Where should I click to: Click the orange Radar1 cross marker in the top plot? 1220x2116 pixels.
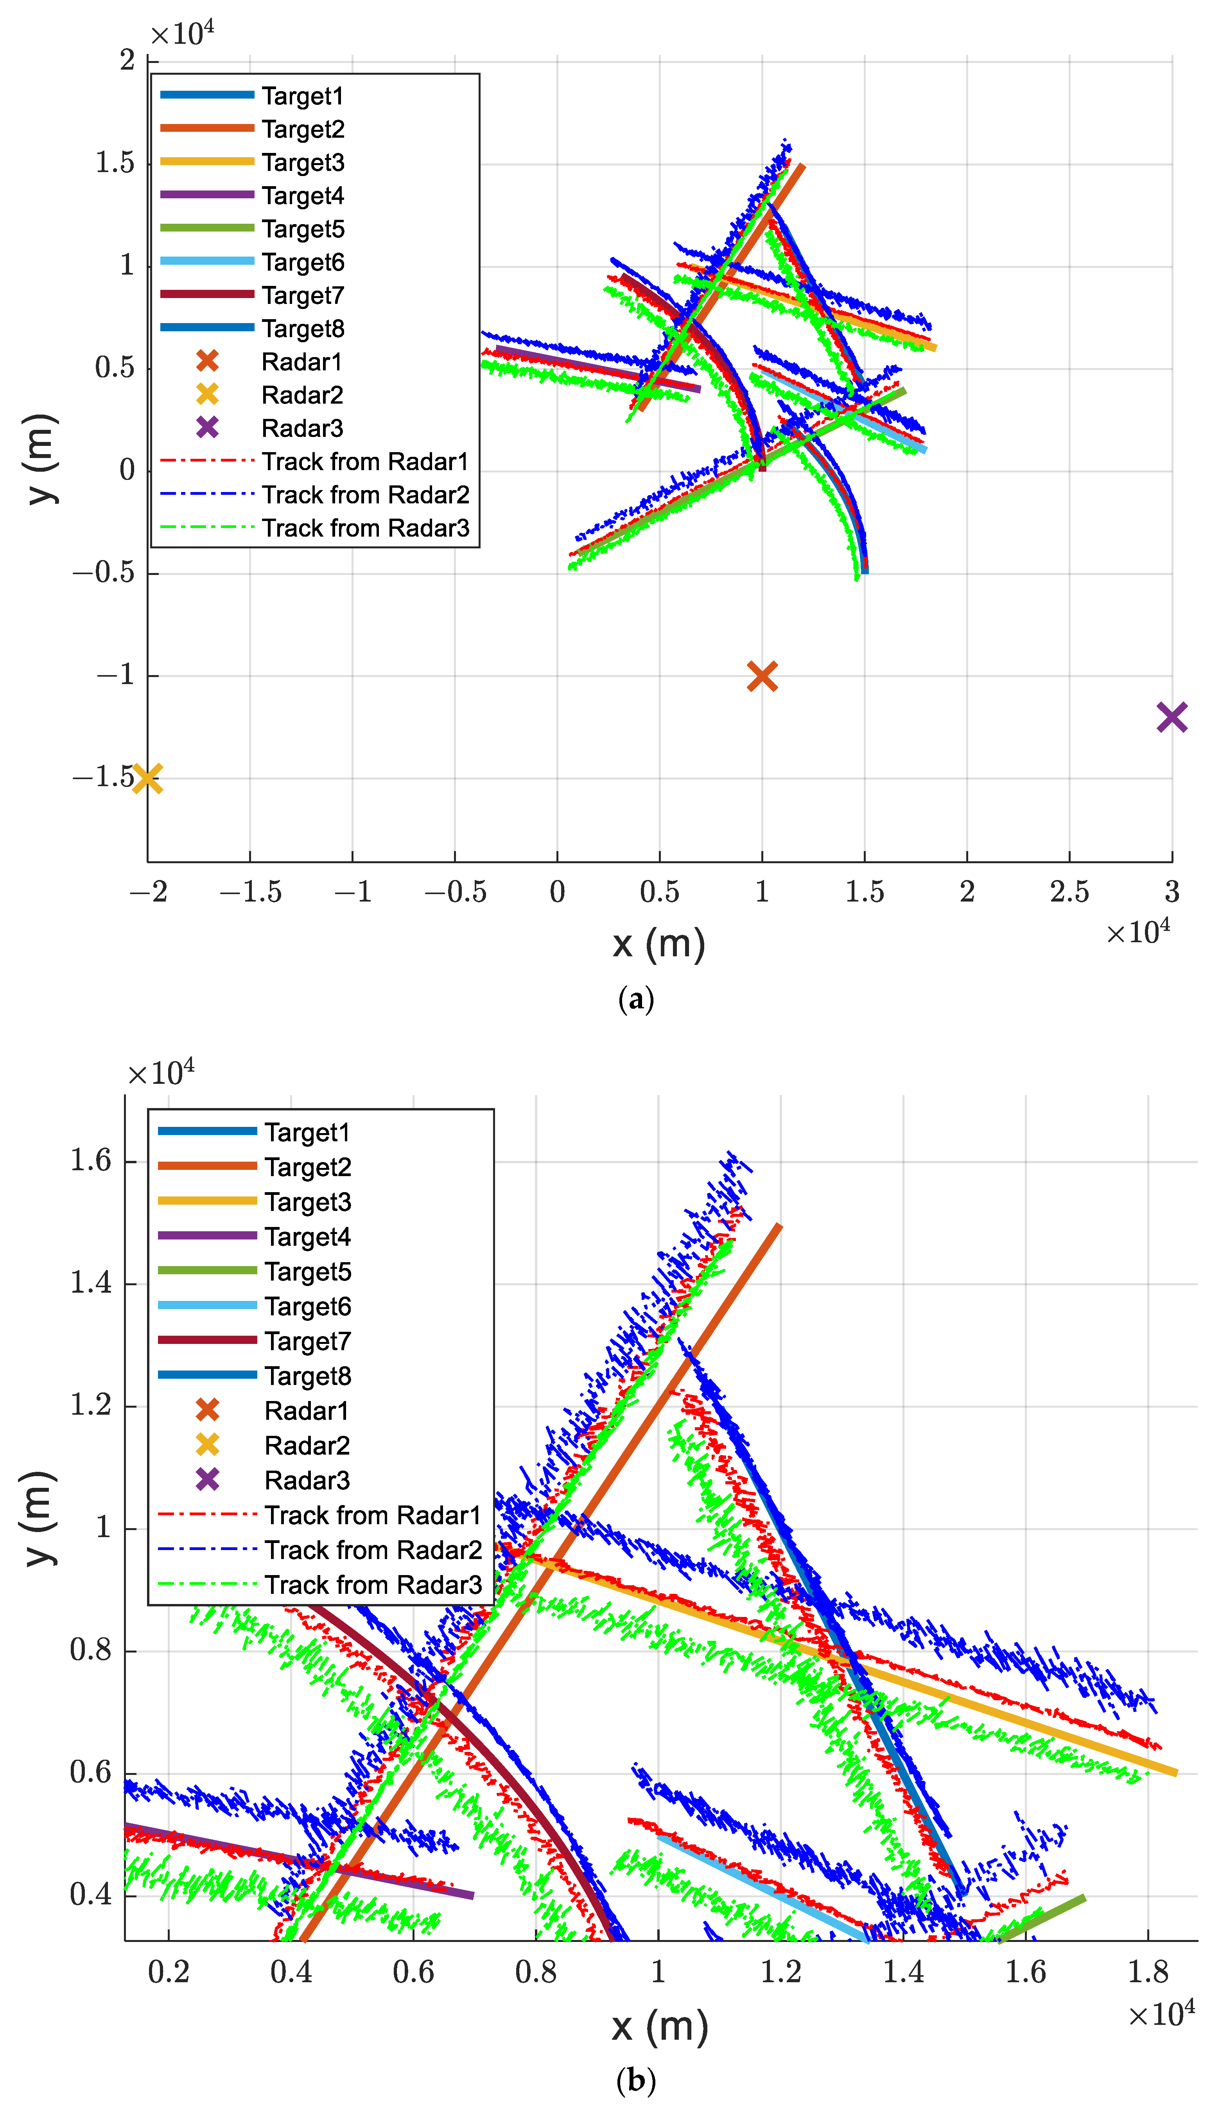pos(762,676)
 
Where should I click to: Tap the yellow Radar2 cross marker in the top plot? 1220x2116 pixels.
pos(147,778)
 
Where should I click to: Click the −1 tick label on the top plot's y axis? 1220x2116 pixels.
pos(116,675)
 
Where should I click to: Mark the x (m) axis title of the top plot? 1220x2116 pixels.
pos(658,945)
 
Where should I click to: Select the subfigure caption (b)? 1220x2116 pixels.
pos(635,2080)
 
